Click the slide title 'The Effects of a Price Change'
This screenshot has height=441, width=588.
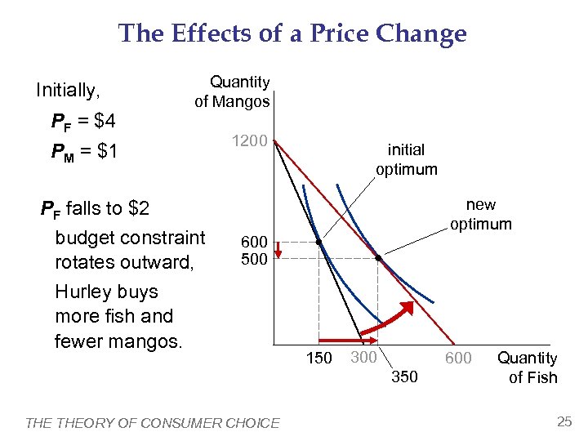pos(292,33)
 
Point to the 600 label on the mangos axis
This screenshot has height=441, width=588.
pos(254,243)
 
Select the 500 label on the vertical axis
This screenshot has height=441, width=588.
pos(254,260)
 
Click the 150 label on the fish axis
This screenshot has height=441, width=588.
pos(318,358)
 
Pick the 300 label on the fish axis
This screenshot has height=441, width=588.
pos(363,356)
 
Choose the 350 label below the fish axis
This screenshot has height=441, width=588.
pos(405,376)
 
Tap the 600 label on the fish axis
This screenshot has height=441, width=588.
pos(457,358)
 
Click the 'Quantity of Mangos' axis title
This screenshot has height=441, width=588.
pos(233,91)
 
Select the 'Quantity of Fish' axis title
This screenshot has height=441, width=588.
pos(528,367)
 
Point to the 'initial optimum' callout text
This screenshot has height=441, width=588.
pos(406,159)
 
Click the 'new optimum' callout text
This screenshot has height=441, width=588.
pos(481,214)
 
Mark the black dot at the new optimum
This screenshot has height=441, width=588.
pos(378,258)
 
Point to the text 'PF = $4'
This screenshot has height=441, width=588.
pos(83,122)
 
